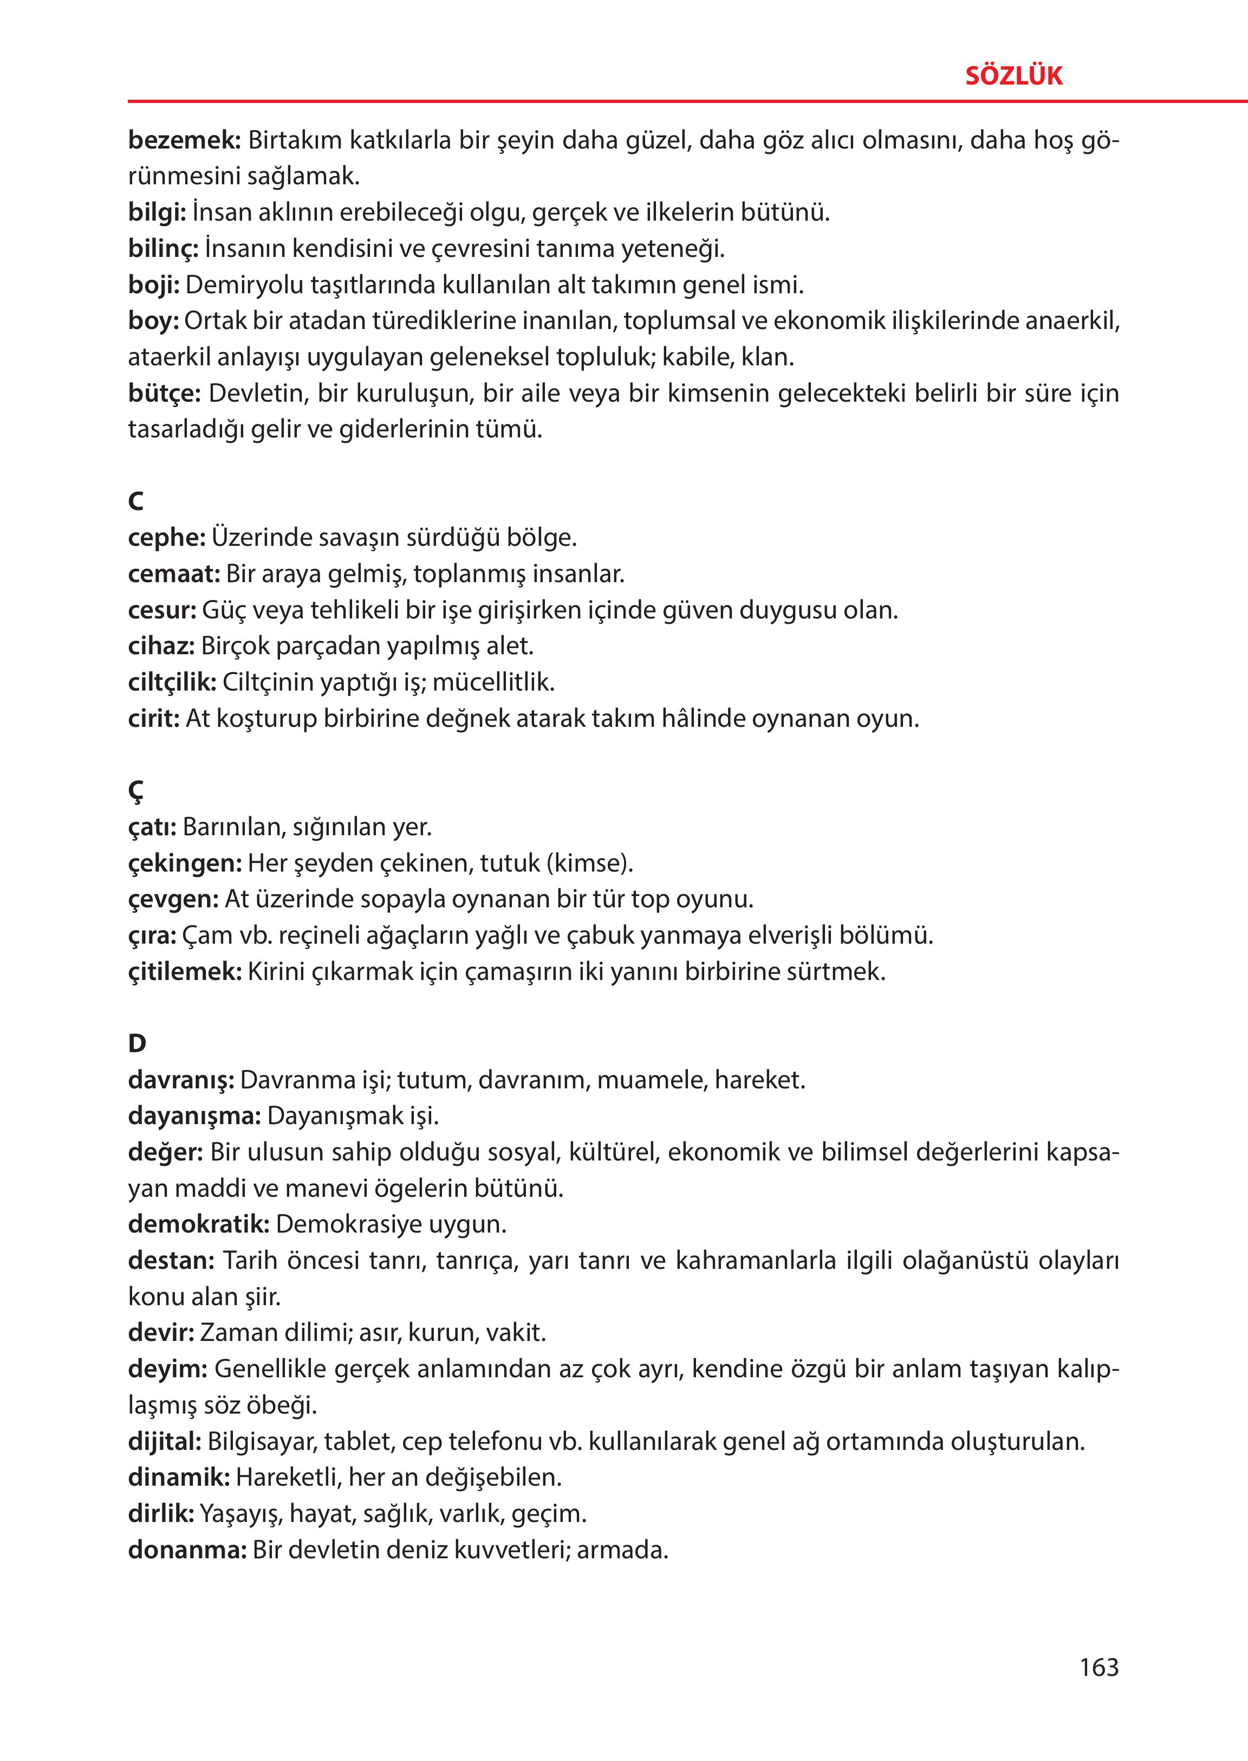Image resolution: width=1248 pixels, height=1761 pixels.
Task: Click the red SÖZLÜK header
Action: (1013, 76)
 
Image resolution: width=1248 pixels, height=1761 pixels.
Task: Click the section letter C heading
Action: (136, 502)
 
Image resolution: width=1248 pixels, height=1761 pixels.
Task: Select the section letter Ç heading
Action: (136, 791)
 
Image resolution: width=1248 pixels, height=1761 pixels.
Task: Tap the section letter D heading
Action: (137, 1043)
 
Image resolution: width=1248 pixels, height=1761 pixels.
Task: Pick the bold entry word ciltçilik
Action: (172, 682)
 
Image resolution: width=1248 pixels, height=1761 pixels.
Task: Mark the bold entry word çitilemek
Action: (184, 972)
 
